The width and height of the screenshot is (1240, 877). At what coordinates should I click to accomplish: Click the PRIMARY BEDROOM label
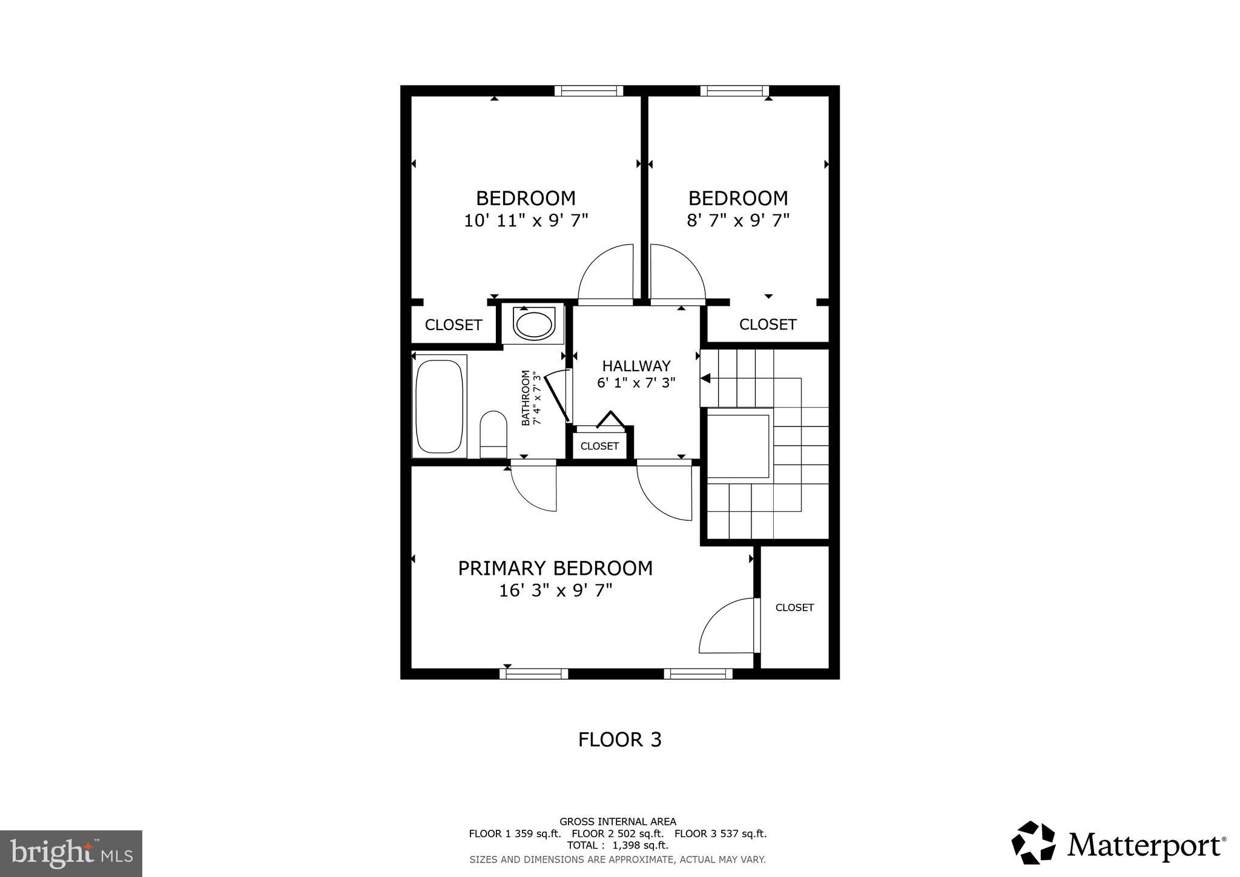pos(555,568)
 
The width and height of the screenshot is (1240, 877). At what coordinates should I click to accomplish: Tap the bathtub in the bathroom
pos(440,406)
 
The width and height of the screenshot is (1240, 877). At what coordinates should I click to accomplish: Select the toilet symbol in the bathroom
pos(493,433)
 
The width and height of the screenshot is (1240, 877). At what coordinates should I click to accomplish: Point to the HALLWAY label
pos(636,366)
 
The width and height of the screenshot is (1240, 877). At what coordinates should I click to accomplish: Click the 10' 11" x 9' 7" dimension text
pos(526,220)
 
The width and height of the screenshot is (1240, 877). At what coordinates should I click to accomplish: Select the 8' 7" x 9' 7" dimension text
pos(738,220)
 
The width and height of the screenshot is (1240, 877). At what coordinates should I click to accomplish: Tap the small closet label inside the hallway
pos(599,446)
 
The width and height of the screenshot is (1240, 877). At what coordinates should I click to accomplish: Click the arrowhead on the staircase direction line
pos(705,379)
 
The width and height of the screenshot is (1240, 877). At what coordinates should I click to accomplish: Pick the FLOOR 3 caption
pos(619,740)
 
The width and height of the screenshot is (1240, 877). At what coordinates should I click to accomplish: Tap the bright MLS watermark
pos(71,853)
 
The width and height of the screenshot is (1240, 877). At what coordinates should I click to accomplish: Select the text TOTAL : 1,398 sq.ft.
pos(618,845)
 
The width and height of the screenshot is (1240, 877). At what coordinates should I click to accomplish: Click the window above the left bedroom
pos(589,91)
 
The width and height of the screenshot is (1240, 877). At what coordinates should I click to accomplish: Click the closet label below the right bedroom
pos(767,325)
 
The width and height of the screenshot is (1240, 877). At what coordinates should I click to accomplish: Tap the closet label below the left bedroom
pos(453,325)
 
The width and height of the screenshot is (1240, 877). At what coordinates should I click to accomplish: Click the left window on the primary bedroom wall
pos(533,673)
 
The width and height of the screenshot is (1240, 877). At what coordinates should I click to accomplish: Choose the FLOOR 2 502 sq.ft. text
pos(618,833)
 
